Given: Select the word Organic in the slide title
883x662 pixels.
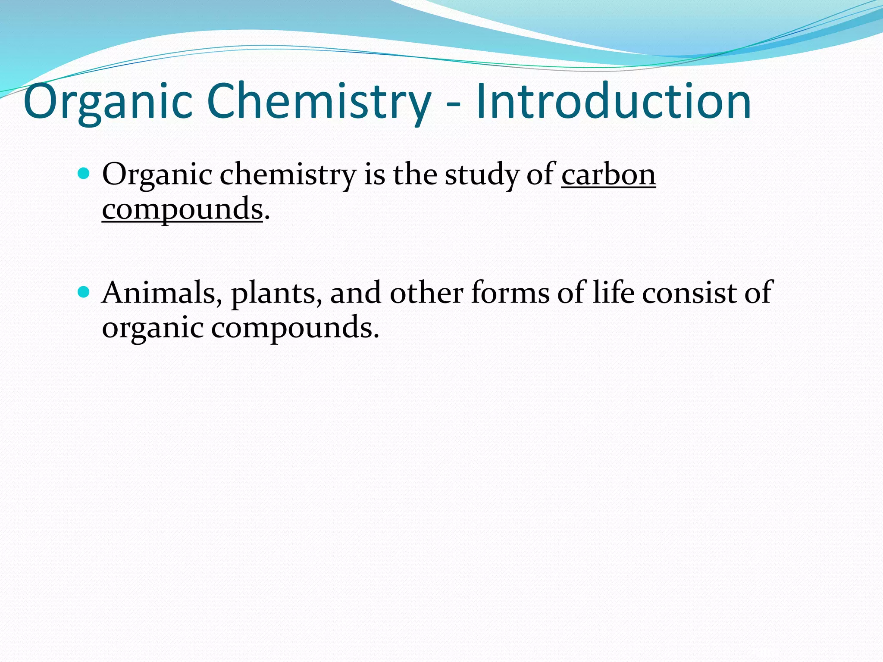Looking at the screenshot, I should pos(108,102).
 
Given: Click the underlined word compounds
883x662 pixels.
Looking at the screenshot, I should pos(182,209).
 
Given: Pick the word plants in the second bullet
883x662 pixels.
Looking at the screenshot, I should pos(276,293).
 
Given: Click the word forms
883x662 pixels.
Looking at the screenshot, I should pos(510,293).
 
